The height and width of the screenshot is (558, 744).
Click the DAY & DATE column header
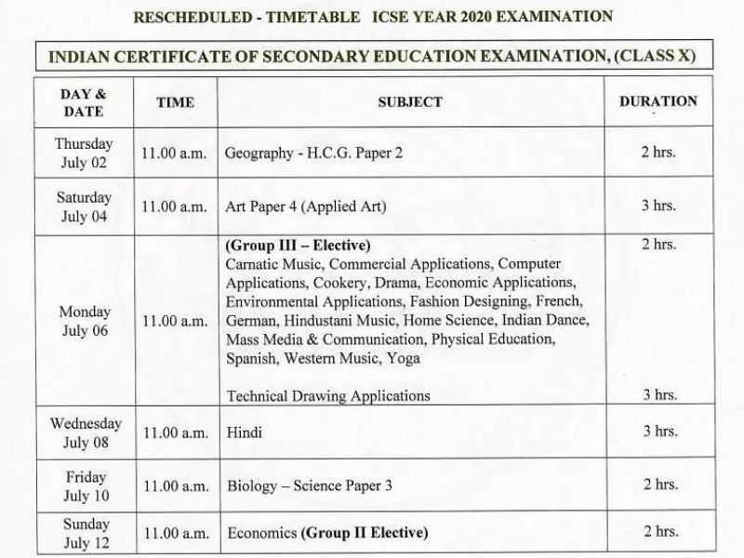point(83,103)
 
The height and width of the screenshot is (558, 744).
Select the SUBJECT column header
point(409,102)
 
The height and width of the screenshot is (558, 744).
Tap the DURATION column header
point(658,102)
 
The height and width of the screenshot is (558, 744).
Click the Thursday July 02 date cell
point(83,153)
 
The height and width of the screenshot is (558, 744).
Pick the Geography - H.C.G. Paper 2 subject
point(314,153)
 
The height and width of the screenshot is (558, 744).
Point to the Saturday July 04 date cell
point(83,206)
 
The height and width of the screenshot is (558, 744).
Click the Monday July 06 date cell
point(83,321)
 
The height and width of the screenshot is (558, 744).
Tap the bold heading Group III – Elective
point(298,246)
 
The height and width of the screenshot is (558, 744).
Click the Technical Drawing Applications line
point(328,395)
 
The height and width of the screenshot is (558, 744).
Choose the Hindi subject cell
point(245,432)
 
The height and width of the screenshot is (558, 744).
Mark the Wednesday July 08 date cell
point(83,432)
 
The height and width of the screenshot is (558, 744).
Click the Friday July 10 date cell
point(83,485)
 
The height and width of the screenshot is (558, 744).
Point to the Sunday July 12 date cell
point(83,534)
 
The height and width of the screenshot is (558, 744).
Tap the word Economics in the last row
point(261,534)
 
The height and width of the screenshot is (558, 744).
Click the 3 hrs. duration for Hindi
point(658,432)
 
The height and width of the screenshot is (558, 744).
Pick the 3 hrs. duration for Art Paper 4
point(658,206)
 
